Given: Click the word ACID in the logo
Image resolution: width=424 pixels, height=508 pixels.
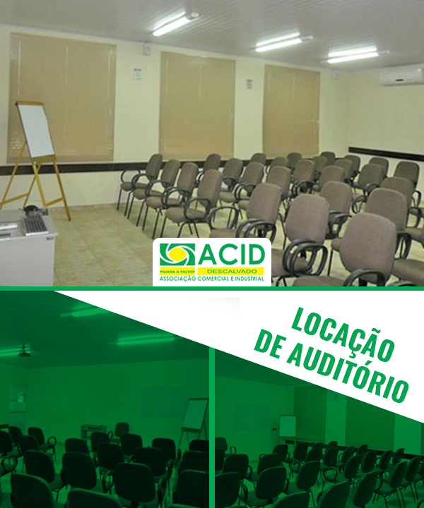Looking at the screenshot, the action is [x=232, y=255].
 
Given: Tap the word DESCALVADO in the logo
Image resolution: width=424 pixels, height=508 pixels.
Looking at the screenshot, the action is [x=232, y=271].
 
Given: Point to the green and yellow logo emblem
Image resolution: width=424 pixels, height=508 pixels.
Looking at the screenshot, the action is [x=177, y=255].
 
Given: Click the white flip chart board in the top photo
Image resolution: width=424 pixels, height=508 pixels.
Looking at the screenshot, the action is [x=35, y=131].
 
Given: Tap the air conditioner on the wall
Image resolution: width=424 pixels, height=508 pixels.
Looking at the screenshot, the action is [x=401, y=75].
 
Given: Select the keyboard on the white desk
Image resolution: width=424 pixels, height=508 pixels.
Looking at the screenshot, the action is [x=35, y=224].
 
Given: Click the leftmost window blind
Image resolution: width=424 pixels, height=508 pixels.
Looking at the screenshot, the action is [x=61, y=98].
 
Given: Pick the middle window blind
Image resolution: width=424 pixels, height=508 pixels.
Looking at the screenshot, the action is [x=197, y=106].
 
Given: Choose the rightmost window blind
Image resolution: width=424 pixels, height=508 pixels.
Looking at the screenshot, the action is [x=291, y=111].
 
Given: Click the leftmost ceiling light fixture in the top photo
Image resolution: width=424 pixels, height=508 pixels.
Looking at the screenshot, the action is [x=175, y=24].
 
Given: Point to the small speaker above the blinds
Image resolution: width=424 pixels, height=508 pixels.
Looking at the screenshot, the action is [x=148, y=49].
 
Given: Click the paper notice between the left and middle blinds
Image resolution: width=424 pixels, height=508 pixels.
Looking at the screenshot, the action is [x=138, y=74].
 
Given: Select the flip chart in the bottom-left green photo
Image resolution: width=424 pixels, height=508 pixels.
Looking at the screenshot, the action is [x=195, y=418].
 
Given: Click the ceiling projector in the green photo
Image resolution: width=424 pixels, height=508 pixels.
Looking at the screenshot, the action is [x=24, y=351].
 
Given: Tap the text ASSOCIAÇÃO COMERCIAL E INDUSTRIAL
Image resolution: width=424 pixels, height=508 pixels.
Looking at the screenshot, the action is [x=211, y=279].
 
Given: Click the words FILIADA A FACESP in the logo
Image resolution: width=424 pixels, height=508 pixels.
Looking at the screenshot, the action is [x=177, y=272].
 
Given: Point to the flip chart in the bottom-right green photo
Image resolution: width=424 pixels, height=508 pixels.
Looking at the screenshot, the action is [x=288, y=426].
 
